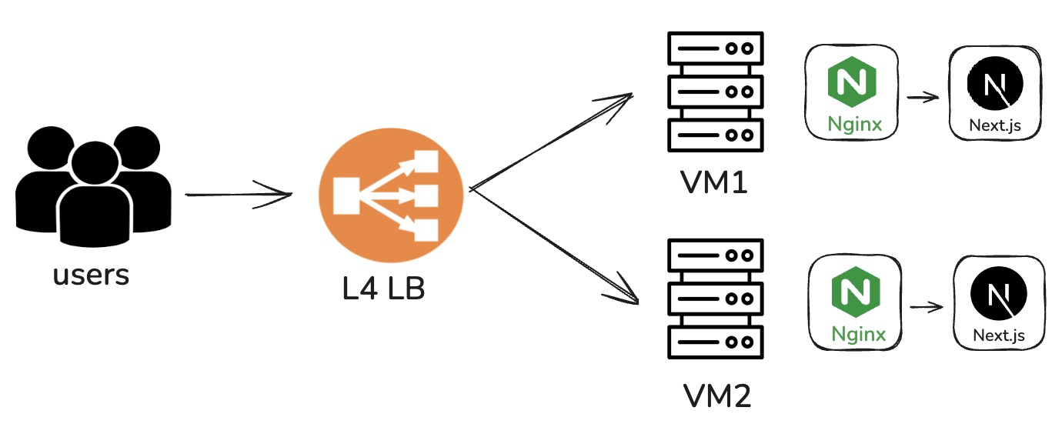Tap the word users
[x=92, y=275]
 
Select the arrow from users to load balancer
[x=239, y=194]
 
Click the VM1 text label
[x=714, y=183]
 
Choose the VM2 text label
[x=717, y=396]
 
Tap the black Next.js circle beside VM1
[x=994, y=85]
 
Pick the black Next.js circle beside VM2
[x=999, y=295]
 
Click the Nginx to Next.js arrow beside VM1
[x=923, y=98]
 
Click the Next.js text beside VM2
[x=999, y=335]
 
